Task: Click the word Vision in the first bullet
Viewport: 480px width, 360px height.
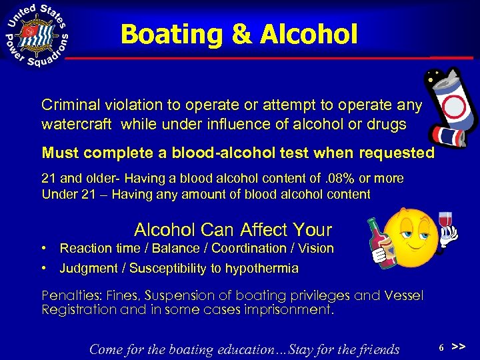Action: (316, 248)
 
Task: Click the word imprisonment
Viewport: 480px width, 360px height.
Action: (287, 309)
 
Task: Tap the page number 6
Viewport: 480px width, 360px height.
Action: (441, 348)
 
